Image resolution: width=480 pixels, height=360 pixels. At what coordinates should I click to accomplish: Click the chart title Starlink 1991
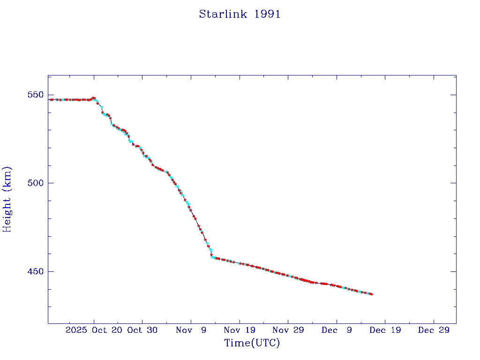[x=240, y=14]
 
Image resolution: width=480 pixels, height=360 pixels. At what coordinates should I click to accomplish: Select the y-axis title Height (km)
[x=7, y=199]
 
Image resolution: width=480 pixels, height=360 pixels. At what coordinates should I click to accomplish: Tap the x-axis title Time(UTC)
[x=252, y=343]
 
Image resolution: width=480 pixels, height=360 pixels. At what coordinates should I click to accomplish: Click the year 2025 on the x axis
[x=76, y=330]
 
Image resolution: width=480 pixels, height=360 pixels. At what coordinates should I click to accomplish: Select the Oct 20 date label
[x=107, y=330]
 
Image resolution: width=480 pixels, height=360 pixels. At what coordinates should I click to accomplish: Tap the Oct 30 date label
[x=142, y=330]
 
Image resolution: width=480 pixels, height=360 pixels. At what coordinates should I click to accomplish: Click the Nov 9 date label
[x=191, y=330]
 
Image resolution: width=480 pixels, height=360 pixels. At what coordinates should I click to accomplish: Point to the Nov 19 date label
[x=239, y=330]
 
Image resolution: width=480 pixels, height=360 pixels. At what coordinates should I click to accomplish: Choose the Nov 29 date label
[x=288, y=330]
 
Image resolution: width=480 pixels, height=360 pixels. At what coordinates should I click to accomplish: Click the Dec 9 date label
[x=337, y=330]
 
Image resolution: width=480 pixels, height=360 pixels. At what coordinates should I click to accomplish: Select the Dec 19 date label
[x=385, y=330]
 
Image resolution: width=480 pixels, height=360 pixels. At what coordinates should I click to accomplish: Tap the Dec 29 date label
[x=434, y=330]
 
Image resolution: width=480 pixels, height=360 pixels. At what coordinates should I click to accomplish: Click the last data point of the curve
[x=371, y=294]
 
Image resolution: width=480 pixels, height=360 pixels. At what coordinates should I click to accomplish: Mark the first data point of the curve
[x=51, y=99]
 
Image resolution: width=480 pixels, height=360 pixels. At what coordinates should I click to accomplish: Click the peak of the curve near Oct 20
[x=94, y=98]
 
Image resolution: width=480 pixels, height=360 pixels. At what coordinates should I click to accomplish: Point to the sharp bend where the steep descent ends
[x=213, y=257]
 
